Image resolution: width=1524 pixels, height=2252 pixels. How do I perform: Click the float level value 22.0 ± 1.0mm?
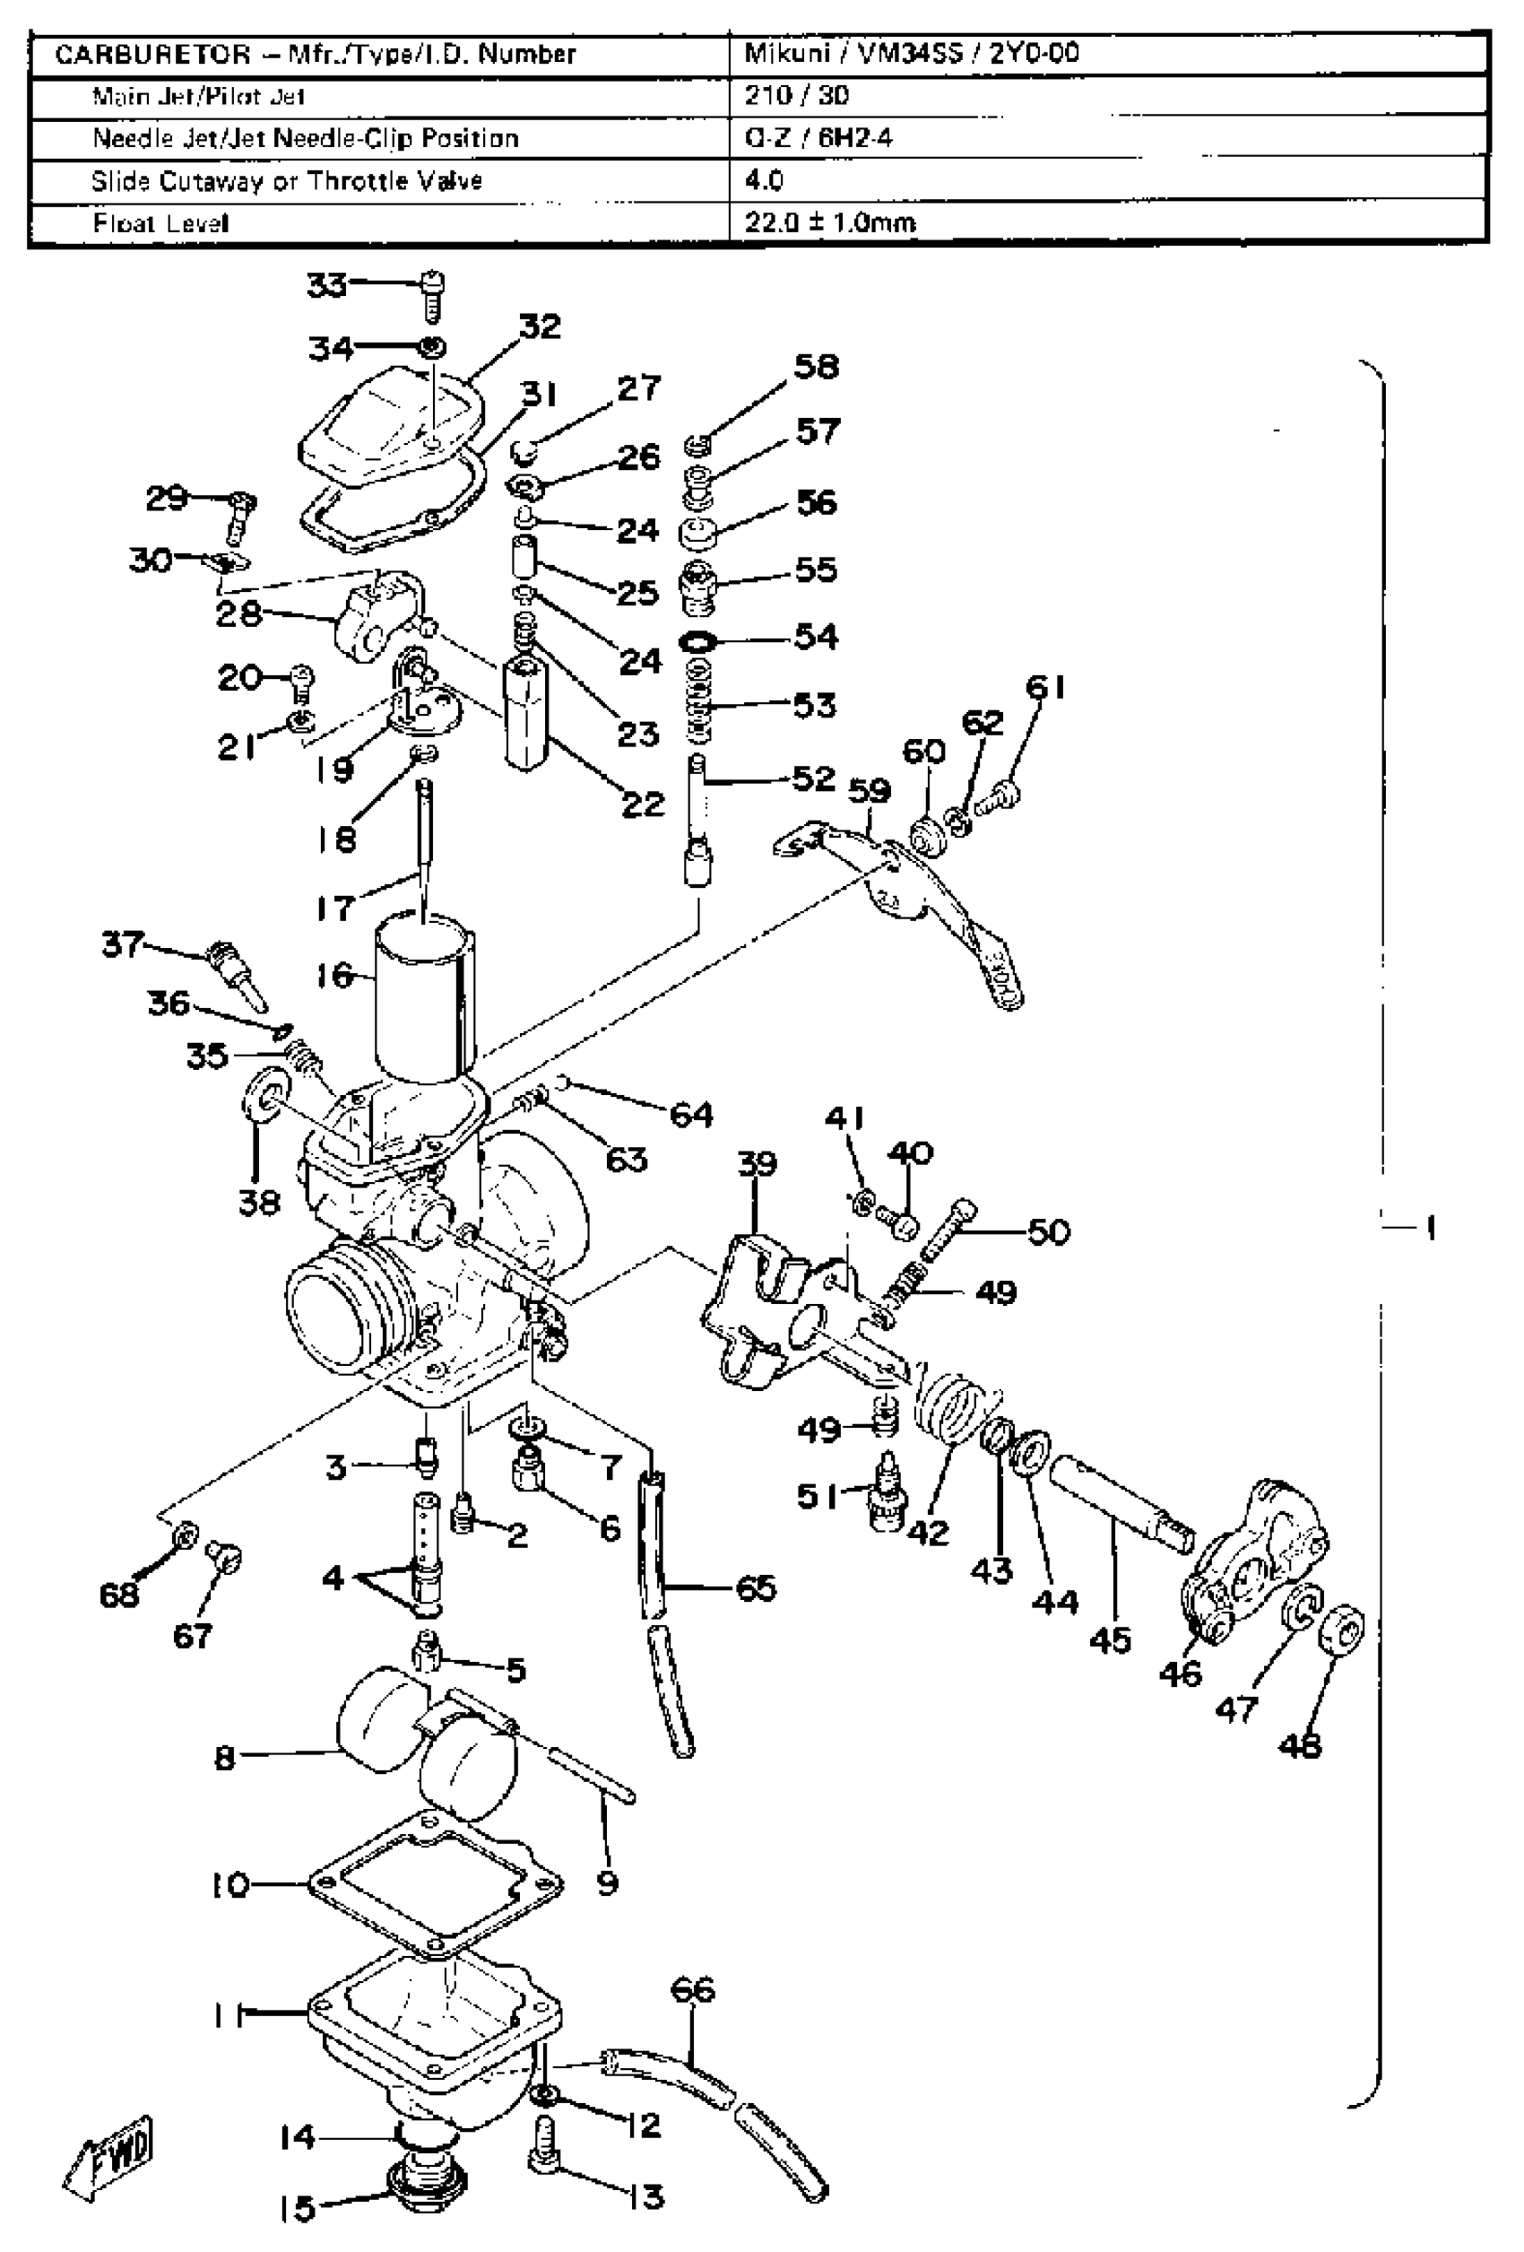(x=829, y=223)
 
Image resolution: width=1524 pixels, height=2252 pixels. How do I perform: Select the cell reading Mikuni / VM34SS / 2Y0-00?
(x=911, y=53)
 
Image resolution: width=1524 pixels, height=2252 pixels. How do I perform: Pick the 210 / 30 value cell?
(x=796, y=95)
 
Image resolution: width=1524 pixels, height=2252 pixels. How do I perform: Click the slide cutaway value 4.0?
(x=764, y=180)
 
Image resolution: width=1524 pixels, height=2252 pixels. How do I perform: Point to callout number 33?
(x=326, y=285)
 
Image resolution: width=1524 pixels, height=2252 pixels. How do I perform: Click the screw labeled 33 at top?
(x=433, y=294)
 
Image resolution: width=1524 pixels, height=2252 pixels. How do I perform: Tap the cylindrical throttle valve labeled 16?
(x=424, y=998)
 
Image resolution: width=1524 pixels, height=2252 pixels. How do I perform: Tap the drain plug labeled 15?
(x=427, y=2182)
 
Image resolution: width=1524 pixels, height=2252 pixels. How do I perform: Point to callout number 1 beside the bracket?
(x=1430, y=1228)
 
